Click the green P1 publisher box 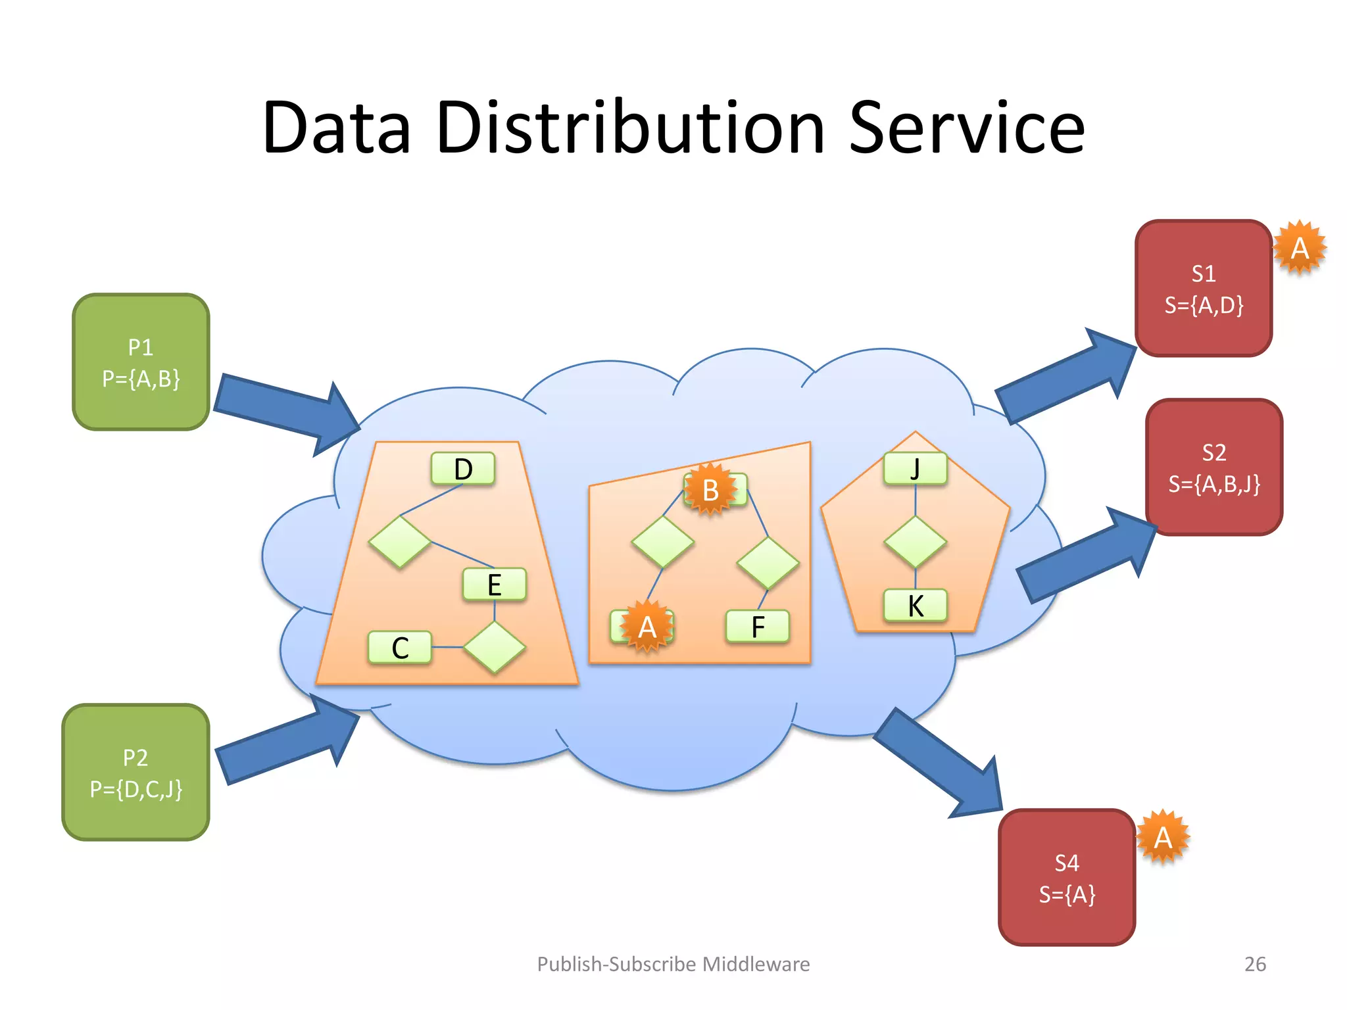pos(141,362)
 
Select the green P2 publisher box pos(135,772)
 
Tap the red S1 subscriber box pos(1203,289)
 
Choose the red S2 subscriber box pos(1213,468)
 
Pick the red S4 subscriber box pos(1066,877)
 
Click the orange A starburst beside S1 pos(1299,248)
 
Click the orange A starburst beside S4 pos(1162,837)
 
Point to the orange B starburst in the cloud pos(710,490)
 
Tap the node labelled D pos(463,469)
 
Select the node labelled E pos(494,585)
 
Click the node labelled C pos(400,648)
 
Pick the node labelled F pos(757,627)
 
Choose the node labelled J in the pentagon pos(915,469)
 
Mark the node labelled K pos(915,606)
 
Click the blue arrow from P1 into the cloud pos(283,411)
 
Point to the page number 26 pos(1255,964)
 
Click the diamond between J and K pos(915,542)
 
